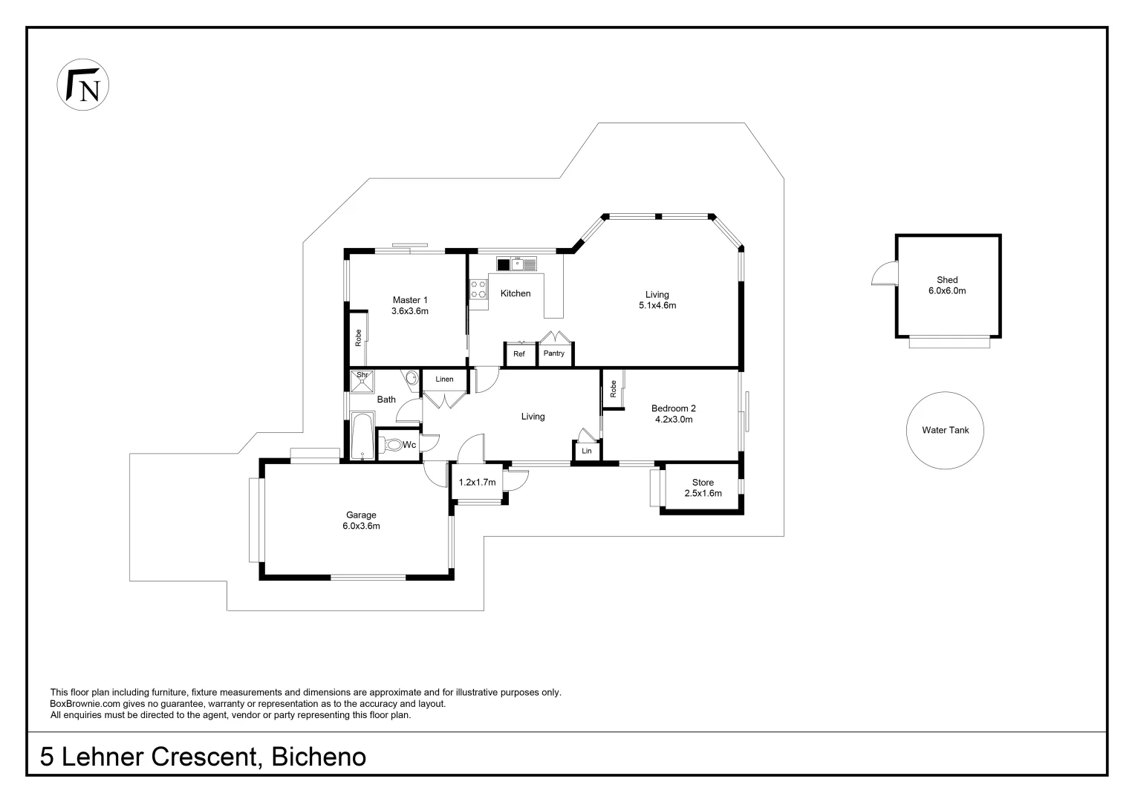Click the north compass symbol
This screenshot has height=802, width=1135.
(x=83, y=85)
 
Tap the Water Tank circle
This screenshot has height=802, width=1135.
(x=945, y=430)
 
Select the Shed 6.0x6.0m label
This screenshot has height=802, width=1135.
(x=946, y=286)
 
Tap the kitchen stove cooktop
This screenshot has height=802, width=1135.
(x=478, y=290)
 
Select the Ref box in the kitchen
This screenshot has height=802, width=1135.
(x=519, y=354)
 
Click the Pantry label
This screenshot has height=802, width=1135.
(x=553, y=353)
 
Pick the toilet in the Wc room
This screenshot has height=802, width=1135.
(x=391, y=445)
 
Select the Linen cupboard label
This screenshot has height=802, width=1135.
(x=444, y=379)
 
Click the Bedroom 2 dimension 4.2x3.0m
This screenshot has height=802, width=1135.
(x=673, y=420)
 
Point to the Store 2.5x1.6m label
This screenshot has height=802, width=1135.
(x=703, y=488)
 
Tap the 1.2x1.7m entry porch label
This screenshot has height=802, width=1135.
(x=477, y=483)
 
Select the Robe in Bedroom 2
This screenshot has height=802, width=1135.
(x=613, y=388)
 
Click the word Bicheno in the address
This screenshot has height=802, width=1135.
(x=319, y=757)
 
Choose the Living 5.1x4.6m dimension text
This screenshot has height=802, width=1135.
(x=657, y=305)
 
